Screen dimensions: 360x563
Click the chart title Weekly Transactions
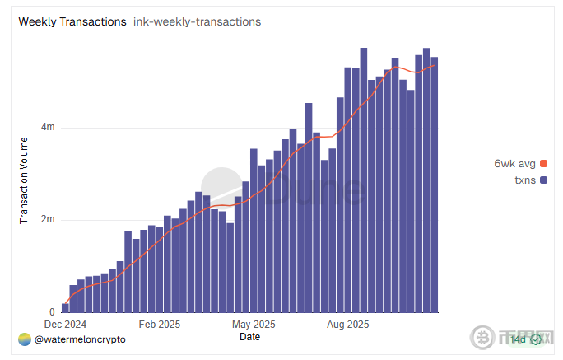click(x=72, y=21)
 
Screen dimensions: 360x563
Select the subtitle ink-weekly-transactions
click(x=197, y=21)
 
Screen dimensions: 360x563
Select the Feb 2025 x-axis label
click(x=160, y=324)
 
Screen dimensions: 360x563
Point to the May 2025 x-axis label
click(x=254, y=324)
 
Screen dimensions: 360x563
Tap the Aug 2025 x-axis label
click(x=347, y=324)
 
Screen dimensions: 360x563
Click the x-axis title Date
click(x=249, y=336)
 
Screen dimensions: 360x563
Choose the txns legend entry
click(x=524, y=179)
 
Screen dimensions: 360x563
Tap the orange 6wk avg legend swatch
click(x=543, y=163)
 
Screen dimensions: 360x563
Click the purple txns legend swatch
click(x=543, y=179)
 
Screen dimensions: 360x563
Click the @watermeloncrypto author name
click(x=80, y=339)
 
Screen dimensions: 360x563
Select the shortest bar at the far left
click(x=65, y=307)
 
